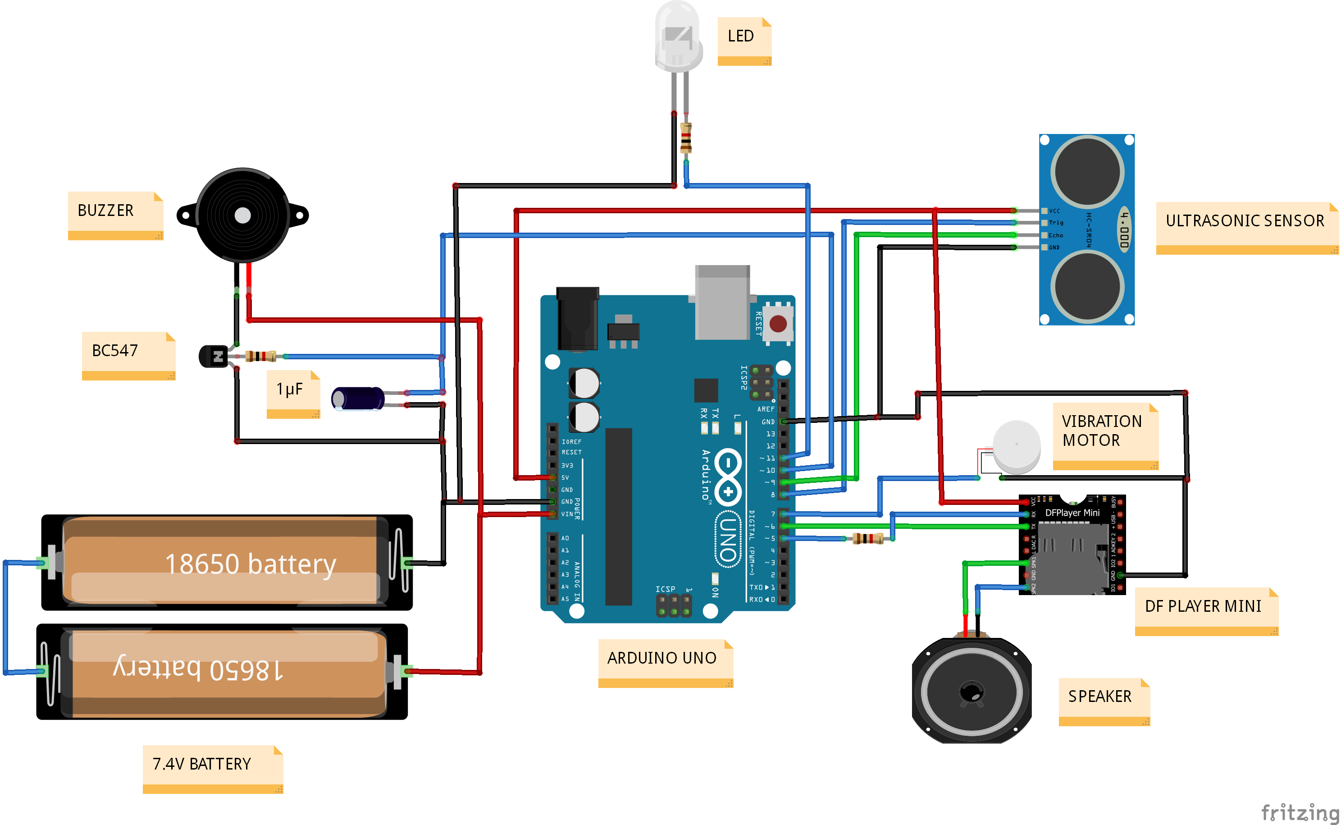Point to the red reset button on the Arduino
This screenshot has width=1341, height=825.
click(x=778, y=324)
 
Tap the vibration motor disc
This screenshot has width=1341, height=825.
click(x=1017, y=445)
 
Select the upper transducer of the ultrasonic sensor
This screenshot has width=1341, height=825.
click(x=1087, y=172)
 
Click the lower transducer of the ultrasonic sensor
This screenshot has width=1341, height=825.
click(x=1087, y=286)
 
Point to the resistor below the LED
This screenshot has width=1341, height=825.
click(x=686, y=138)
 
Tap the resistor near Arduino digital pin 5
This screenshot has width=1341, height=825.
click(x=868, y=539)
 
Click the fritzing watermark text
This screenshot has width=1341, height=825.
click(x=1299, y=812)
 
